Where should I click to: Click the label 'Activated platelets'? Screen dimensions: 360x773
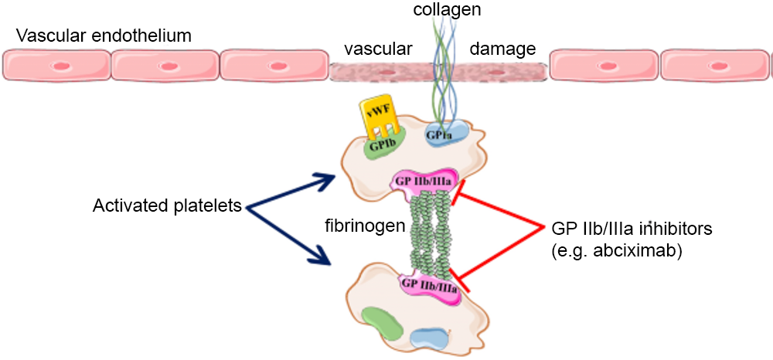click(169, 206)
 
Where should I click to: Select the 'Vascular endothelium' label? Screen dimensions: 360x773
click(104, 36)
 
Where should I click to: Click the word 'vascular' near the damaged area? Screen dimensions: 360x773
click(378, 49)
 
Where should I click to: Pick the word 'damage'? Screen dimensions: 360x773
click(503, 49)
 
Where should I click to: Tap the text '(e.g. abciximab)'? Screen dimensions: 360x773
click(617, 251)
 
